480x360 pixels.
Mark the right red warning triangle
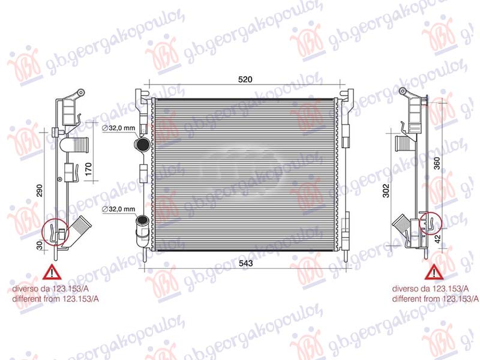(431, 273)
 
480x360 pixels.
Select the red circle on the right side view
(430, 223)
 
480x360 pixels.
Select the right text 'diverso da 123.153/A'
(427, 288)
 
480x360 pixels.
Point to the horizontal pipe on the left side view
(76, 145)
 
